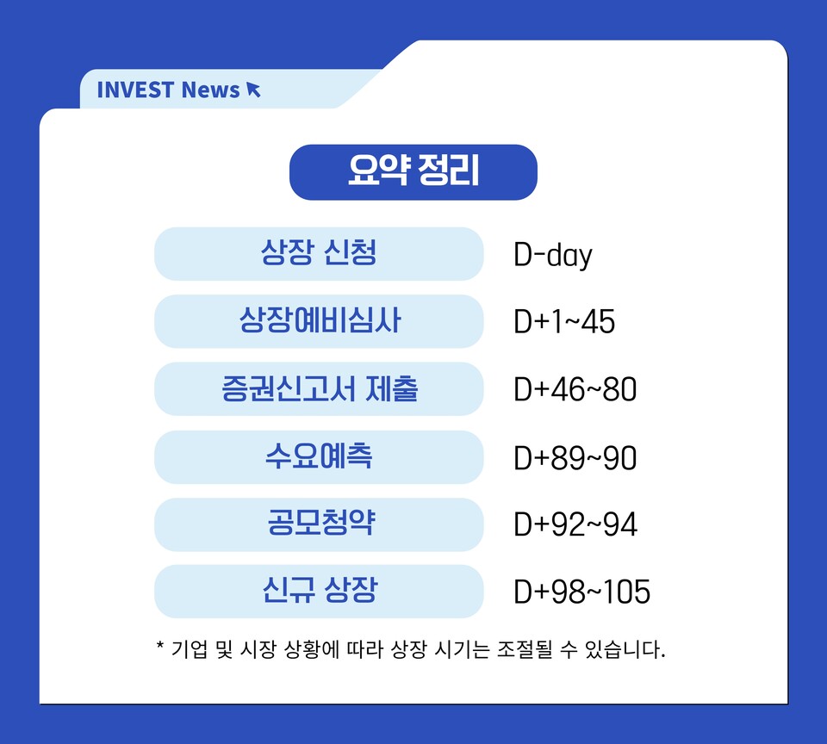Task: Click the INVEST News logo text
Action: pyautogui.click(x=168, y=90)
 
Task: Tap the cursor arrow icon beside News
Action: pyautogui.click(x=253, y=90)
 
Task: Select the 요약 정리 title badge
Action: pyautogui.click(x=413, y=172)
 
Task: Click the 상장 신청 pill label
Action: pyautogui.click(x=319, y=254)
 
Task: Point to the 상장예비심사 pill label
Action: pyautogui.click(x=319, y=321)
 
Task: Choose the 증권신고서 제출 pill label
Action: pyautogui.click(x=319, y=388)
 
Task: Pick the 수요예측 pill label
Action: pyautogui.click(x=319, y=456)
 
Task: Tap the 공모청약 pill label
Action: pyautogui.click(x=319, y=524)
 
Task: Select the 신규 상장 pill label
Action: pyautogui.click(x=319, y=591)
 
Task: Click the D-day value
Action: pyautogui.click(x=553, y=256)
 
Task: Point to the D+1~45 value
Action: pyautogui.click(x=564, y=322)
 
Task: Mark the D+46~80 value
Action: pyautogui.click(x=575, y=389)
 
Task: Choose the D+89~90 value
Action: pyautogui.click(x=575, y=457)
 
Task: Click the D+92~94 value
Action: pyautogui.click(x=575, y=524)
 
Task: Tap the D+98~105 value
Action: pyautogui.click(x=582, y=592)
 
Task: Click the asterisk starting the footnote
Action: pyautogui.click(x=160, y=645)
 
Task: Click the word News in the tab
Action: pyautogui.click(x=210, y=90)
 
